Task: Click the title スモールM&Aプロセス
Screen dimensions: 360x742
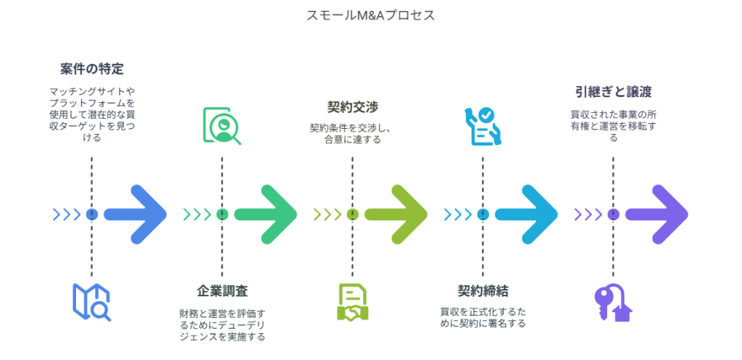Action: (x=370, y=15)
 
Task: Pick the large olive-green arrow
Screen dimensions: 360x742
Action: (x=397, y=214)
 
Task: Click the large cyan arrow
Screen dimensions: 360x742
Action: (x=528, y=214)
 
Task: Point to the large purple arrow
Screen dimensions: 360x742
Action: (x=658, y=214)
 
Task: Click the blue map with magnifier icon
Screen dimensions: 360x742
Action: (x=91, y=302)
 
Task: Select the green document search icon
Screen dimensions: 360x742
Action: (x=221, y=126)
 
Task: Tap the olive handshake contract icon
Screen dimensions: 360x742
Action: (x=352, y=302)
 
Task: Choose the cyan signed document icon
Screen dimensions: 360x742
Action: (x=483, y=126)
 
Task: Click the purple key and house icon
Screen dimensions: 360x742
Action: (x=613, y=302)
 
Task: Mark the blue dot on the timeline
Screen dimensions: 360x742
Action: (x=91, y=214)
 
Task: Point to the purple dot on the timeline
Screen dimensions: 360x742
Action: (x=613, y=214)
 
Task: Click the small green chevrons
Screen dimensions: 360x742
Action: (x=197, y=214)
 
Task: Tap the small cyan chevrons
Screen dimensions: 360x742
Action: (x=458, y=214)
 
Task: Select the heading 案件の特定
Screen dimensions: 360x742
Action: (x=91, y=70)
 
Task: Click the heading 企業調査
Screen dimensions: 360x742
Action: (x=222, y=291)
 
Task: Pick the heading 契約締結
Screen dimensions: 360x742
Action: (x=483, y=291)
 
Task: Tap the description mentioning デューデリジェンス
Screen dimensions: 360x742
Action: (x=222, y=325)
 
